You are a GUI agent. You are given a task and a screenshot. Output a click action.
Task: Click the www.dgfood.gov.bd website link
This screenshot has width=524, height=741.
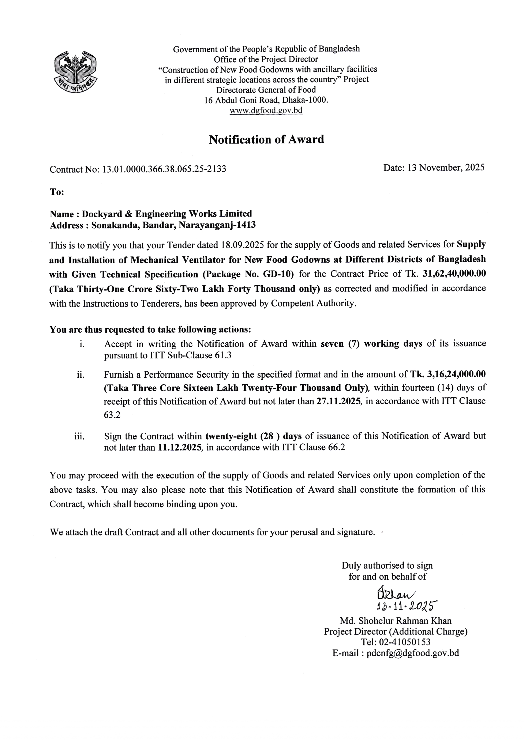click(x=266, y=110)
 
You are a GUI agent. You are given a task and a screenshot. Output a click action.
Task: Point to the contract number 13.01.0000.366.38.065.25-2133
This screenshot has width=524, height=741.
click(x=164, y=169)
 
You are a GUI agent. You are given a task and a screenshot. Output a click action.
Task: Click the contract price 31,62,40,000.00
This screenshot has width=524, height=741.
click(x=454, y=274)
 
